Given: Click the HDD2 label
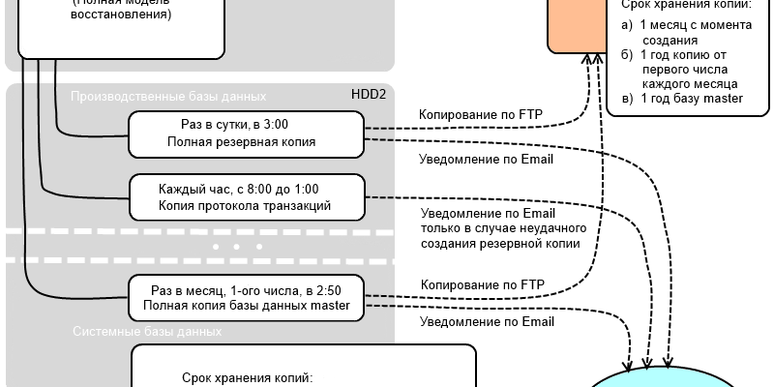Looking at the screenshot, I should (369, 96).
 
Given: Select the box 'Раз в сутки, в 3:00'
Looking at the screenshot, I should (247, 133).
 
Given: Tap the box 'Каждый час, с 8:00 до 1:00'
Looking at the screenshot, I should (247, 197).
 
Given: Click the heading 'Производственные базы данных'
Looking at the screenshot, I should (168, 97).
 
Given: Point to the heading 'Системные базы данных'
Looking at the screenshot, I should (147, 331).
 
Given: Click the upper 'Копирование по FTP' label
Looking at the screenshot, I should (480, 115).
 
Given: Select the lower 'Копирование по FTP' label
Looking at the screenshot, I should (482, 284).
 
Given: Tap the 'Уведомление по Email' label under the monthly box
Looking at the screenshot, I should (487, 322).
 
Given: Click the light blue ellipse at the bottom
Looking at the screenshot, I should (677, 378).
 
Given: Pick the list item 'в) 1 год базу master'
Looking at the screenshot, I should (682, 99).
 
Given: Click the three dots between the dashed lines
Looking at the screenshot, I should (231, 247).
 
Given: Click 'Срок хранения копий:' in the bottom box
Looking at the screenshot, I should (247, 378).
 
